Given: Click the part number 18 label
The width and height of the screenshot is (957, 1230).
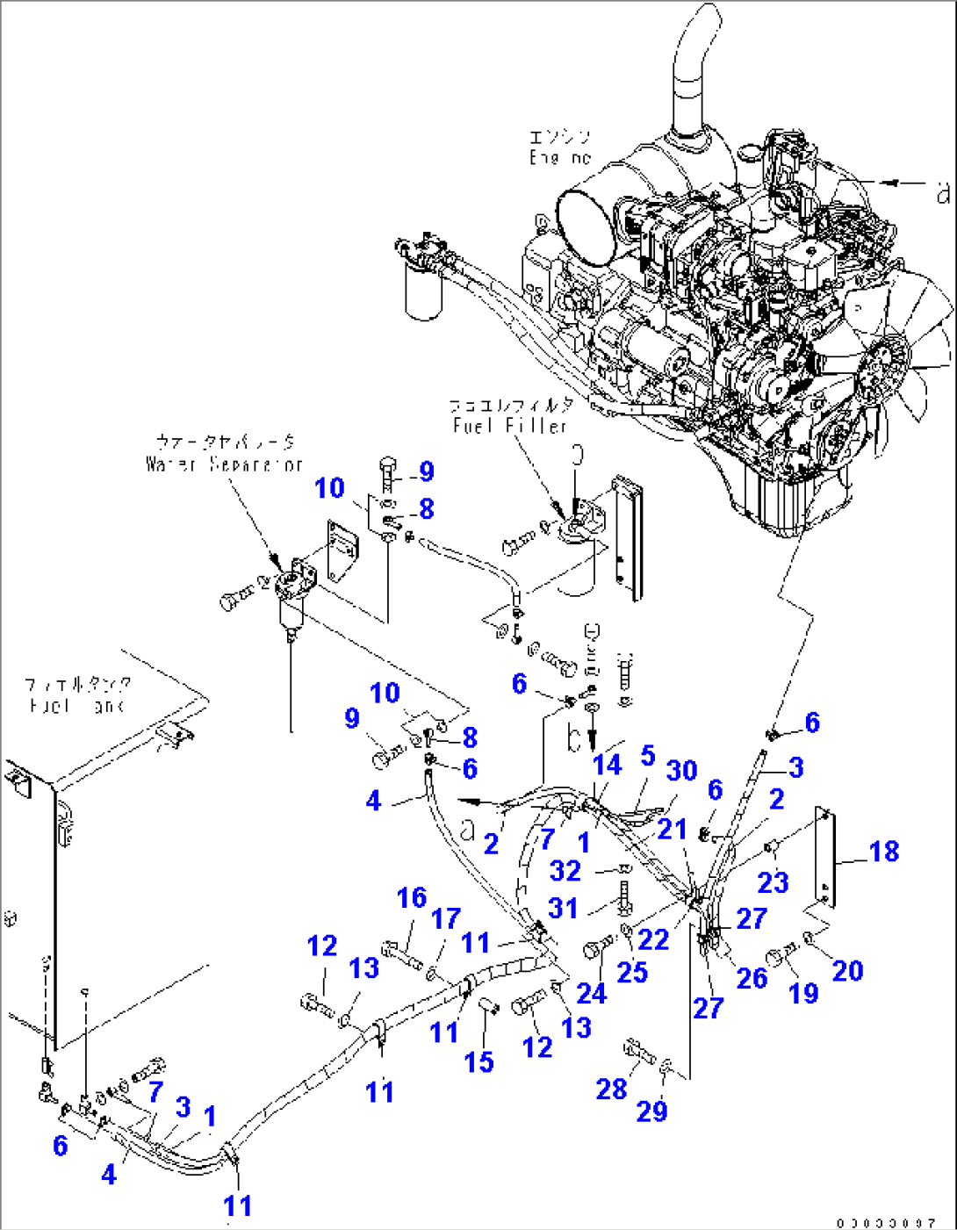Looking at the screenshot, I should tap(884, 851).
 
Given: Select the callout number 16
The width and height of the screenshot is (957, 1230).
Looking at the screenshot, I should tap(412, 897).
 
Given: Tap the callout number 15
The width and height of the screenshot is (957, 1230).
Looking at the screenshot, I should tap(478, 1061).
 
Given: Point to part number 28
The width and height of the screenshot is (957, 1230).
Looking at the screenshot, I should tap(611, 1089).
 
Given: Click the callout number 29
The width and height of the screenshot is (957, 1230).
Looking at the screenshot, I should tap(651, 1111).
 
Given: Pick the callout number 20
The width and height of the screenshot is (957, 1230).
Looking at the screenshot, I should tap(847, 970).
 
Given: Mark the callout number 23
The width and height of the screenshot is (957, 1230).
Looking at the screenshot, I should tap(773, 881).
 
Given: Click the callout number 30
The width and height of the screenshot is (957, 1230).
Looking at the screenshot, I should tap(681, 770).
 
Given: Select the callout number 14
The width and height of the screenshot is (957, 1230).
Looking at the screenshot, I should tap(607, 765).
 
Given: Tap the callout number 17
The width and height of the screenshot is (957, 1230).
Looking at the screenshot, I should tap(446, 918).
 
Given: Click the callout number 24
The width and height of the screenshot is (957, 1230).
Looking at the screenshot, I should tap(591, 992).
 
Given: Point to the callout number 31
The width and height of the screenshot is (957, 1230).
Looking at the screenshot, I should tap(563, 908).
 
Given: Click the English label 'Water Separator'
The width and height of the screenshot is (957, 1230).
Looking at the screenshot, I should tap(224, 464).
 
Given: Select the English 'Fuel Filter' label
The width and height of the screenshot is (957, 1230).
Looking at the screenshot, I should tap(510, 426).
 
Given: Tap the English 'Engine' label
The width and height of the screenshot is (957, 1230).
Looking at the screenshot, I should tap(559, 158).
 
